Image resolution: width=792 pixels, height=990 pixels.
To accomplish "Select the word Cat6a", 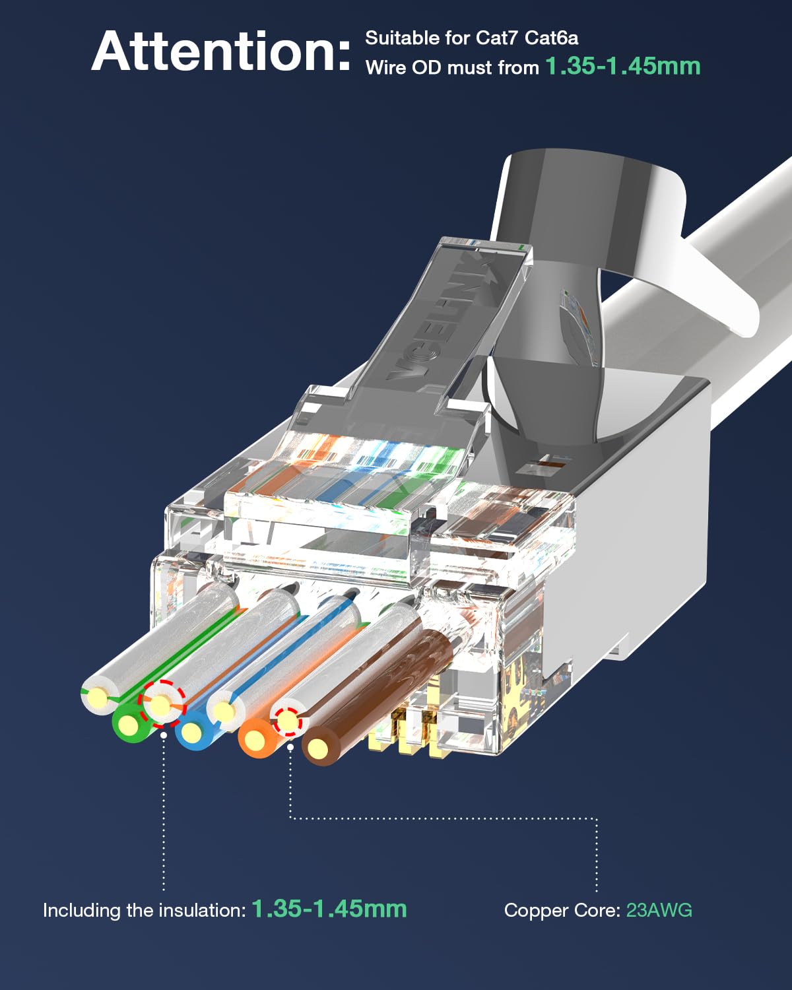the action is pos(551,38).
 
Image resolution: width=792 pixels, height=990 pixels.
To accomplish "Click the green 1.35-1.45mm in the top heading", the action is pos(622,66).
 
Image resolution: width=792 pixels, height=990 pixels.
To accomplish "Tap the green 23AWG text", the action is pos(659,910).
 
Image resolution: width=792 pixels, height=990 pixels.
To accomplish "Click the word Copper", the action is pos(533,911).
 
